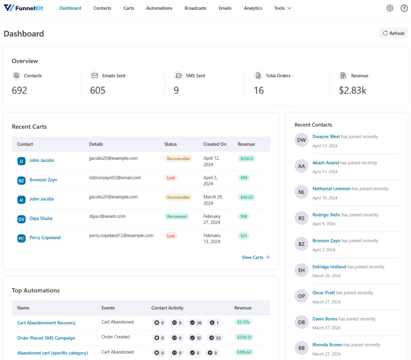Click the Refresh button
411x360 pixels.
click(393, 33)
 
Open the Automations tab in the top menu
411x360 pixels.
click(159, 8)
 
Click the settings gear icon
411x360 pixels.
click(390, 8)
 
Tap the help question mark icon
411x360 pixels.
click(404, 8)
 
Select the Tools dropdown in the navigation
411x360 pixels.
click(283, 8)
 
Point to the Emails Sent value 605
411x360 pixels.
click(98, 91)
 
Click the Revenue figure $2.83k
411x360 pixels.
click(352, 91)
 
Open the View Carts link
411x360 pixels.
click(255, 257)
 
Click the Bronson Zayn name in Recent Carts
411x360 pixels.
click(43, 180)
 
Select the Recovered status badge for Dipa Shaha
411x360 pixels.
click(177, 216)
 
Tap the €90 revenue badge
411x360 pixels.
click(244, 178)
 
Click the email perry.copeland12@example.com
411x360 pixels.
click(121, 236)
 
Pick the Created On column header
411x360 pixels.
click(215, 144)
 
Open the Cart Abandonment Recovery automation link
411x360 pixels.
click(46, 323)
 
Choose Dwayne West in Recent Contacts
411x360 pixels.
click(326, 136)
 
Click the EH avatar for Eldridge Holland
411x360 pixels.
click(301, 271)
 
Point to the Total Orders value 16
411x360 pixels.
click(258, 91)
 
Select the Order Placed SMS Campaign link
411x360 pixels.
click(46, 338)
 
